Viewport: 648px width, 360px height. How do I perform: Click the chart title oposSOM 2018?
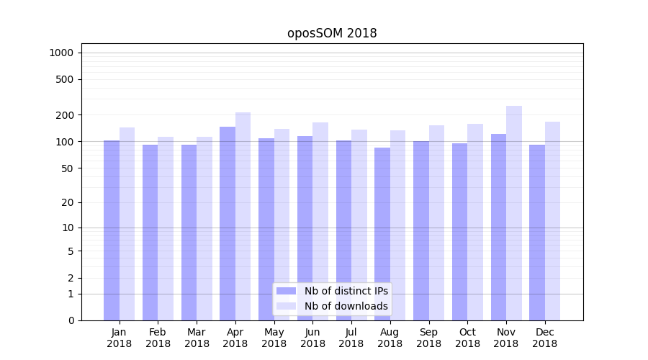pos(332,33)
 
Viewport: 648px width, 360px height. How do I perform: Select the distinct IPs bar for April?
pos(228,223)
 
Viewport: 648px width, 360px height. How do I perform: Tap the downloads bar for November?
pos(514,213)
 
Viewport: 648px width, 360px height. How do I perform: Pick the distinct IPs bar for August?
pos(382,234)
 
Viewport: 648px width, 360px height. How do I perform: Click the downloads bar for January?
pos(127,224)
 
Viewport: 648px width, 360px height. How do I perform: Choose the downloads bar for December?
pos(553,221)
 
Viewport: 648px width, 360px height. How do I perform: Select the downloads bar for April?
pos(243,216)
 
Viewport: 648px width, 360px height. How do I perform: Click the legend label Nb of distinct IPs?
pos(346,291)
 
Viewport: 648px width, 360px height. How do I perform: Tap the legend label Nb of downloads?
pos(346,306)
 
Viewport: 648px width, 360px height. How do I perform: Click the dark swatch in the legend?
pos(287,291)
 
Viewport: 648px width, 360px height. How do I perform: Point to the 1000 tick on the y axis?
pos(61,53)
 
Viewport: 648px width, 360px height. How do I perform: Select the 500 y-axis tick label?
pos(65,79)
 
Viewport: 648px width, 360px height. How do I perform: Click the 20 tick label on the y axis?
pos(68,202)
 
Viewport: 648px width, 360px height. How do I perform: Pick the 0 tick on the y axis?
pos(71,320)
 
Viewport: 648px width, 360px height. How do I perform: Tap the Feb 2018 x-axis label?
pos(158,338)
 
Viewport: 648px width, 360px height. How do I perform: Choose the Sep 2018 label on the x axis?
pos(428,338)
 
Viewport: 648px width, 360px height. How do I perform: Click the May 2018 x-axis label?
pos(274,338)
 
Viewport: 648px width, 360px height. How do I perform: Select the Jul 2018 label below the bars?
pos(351,338)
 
